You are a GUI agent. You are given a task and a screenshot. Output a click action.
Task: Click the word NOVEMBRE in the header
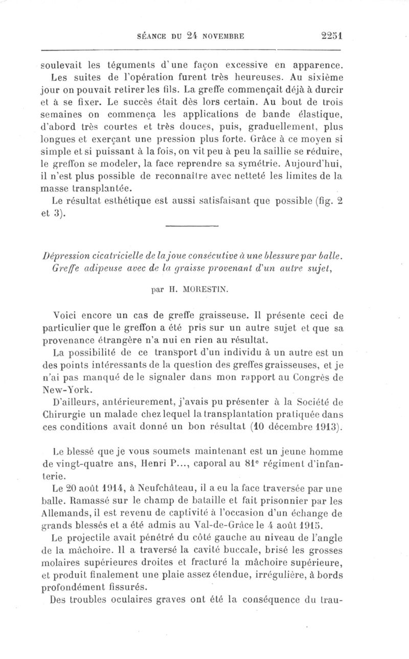pos(218,36)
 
